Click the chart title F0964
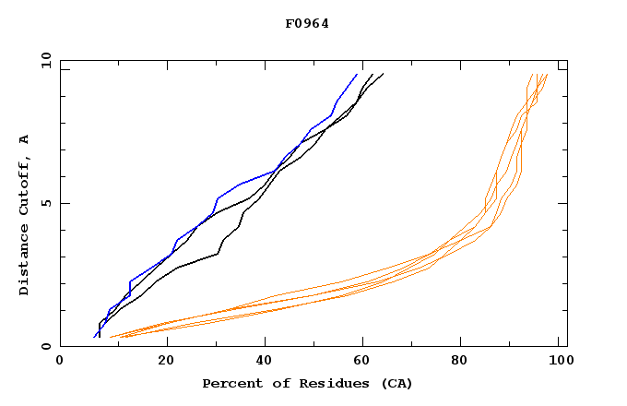[x=307, y=24]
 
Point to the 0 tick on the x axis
[x=60, y=362]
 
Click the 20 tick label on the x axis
[x=166, y=362]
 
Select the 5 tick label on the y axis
[x=46, y=203]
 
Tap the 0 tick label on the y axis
[x=46, y=346]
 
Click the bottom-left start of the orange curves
[x=111, y=337]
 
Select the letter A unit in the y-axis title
[x=24, y=139]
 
